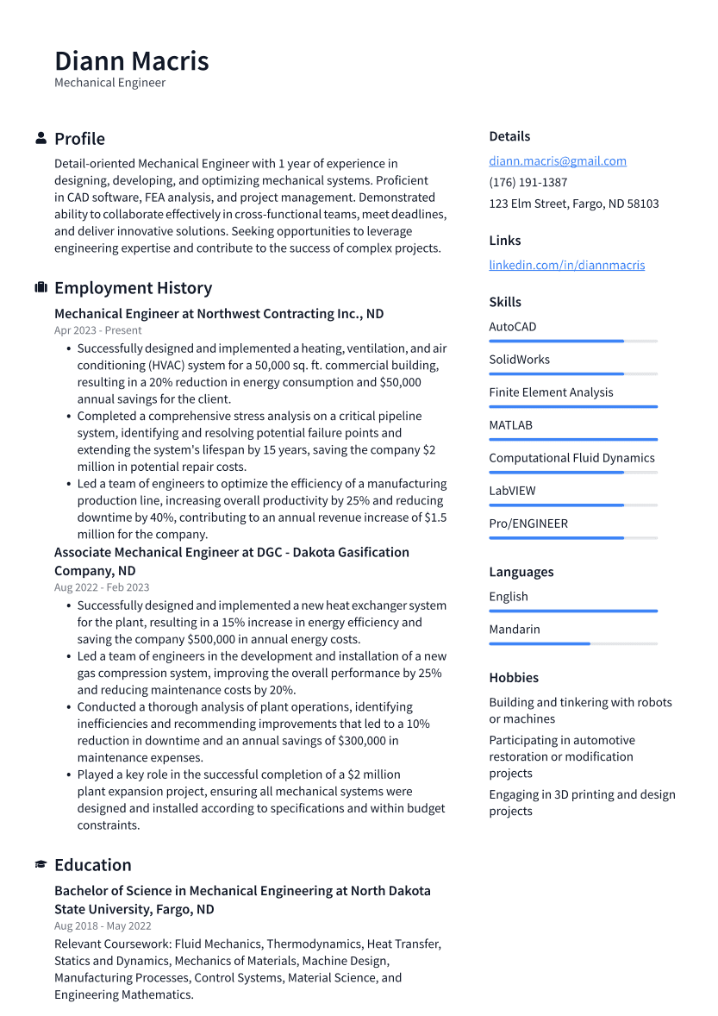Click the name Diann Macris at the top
(x=131, y=61)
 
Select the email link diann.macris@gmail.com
(x=557, y=161)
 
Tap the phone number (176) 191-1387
(x=528, y=183)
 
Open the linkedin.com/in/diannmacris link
(x=566, y=266)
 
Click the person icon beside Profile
(x=41, y=139)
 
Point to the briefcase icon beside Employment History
(x=41, y=288)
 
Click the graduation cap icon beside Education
(x=41, y=865)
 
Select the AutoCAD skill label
(x=512, y=327)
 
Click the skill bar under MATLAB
(x=572, y=440)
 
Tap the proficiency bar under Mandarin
(x=572, y=644)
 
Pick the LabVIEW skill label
(x=512, y=491)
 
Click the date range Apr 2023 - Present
(x=97, y=330)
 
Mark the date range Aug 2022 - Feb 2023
(x=102, y=587)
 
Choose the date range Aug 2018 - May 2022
(x=103, y=925)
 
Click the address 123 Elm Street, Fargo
(x=573, y=204)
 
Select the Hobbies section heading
(x=514, y=678)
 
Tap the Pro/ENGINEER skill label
(x=528, y=524)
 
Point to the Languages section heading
(x=521, y=572)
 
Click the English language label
(x=509, y=597)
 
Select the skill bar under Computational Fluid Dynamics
(x=572, y=473)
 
